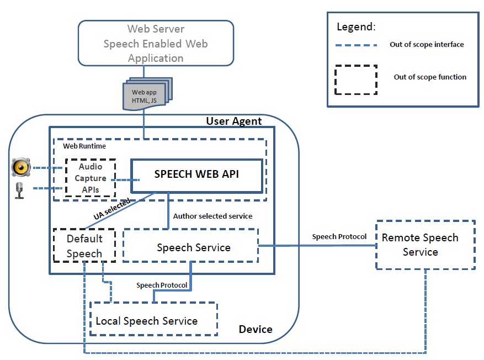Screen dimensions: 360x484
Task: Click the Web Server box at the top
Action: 156,43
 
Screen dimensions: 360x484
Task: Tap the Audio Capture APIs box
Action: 91,178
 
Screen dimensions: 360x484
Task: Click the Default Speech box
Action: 84,246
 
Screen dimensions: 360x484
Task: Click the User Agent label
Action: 234,121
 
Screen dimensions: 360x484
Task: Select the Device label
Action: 256,329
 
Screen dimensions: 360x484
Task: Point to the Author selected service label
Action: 212,216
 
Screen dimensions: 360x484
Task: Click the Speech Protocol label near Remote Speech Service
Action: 339,236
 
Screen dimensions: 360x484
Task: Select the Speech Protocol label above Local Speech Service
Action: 162,285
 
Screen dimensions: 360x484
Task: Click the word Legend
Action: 356,27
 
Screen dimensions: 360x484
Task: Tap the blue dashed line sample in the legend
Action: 357,45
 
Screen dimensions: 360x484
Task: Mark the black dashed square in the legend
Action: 356,78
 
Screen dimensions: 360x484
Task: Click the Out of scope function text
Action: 430,77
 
